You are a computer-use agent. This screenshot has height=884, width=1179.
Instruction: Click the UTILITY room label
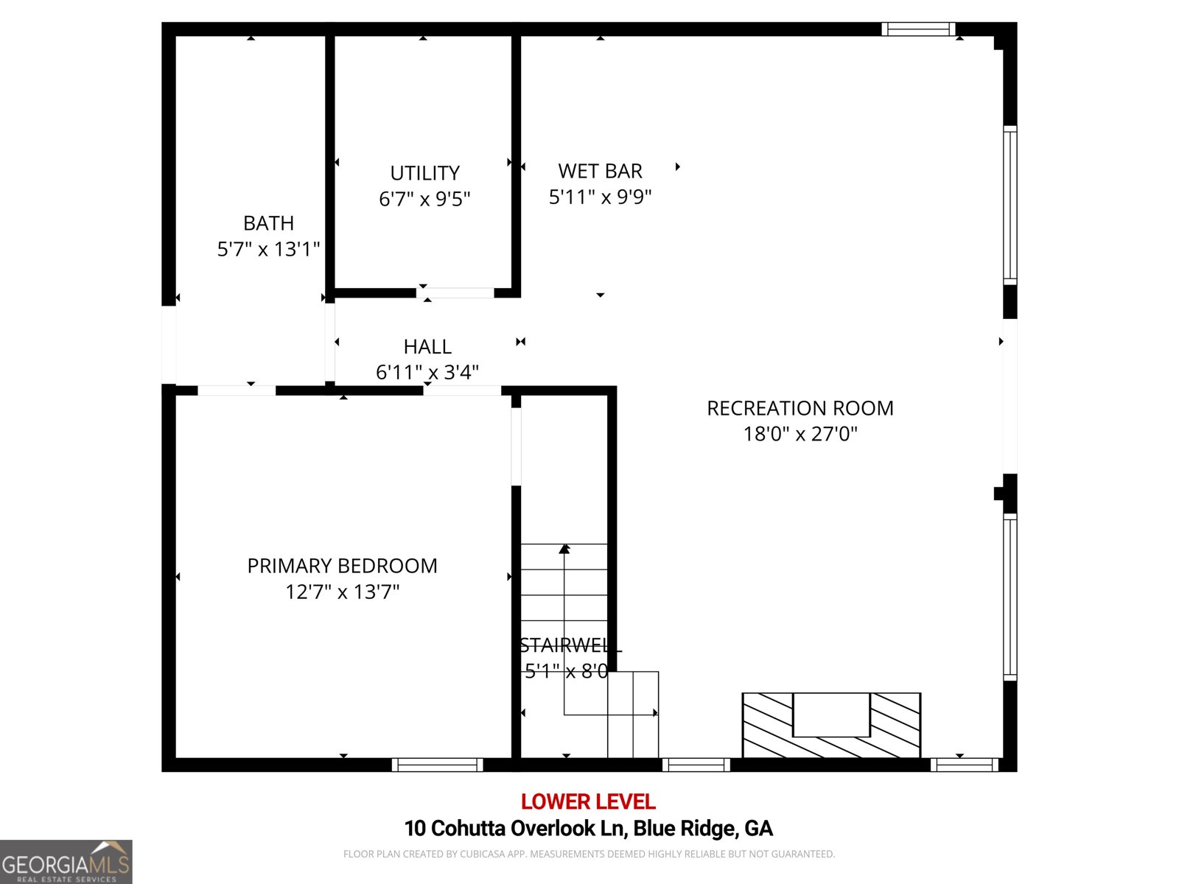424,173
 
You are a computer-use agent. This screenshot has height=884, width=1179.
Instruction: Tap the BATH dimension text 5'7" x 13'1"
268,249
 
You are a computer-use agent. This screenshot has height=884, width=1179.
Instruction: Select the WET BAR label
600,171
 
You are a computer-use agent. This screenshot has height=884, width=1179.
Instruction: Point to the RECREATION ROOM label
800,408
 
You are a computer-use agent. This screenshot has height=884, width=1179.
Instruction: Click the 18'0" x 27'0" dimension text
800,434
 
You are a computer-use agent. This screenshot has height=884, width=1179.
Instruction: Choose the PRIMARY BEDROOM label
342,566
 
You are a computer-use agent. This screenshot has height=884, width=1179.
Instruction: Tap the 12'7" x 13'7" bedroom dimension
342,592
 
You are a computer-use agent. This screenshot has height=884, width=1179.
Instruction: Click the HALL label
427,346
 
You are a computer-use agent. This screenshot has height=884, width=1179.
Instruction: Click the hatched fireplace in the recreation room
830,726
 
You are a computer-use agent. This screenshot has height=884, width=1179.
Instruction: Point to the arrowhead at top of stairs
564,548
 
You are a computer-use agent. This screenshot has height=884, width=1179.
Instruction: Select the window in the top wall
918,29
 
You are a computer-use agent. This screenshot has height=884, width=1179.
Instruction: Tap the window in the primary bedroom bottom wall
437,765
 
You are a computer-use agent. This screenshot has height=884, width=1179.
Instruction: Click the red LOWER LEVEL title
588,801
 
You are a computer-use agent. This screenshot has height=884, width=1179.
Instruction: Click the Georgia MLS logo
66,862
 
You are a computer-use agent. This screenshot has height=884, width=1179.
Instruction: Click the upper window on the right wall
1010,205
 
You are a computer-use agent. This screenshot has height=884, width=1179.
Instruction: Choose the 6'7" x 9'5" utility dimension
424,199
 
